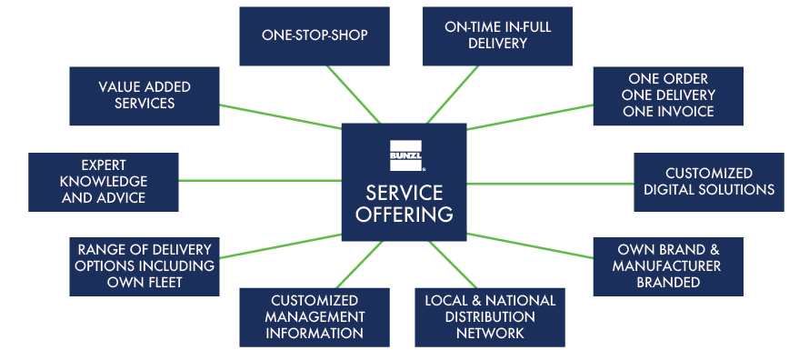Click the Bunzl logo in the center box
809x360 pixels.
point(406,155)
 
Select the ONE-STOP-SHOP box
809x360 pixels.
point(315,36)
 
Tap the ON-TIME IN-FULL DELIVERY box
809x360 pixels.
point(497,36)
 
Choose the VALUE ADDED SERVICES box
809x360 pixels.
point(145,96)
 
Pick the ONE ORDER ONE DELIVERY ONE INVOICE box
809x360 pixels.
point(668,96)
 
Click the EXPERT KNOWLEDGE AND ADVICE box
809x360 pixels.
point(104,182)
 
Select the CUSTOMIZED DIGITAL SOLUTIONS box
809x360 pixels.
point(709,182)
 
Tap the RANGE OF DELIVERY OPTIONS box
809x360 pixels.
point(145,266)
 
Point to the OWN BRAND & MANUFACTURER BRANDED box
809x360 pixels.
point(668,266)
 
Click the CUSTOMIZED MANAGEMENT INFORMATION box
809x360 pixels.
point(315,317)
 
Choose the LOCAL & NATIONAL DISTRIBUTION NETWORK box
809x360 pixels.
point(490,317)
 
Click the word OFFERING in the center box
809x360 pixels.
point(404,214)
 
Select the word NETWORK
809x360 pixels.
point(490,333)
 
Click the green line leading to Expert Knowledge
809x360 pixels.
point(260,181)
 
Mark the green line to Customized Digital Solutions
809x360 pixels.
point(551,184)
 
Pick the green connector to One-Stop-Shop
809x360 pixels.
point(354,95)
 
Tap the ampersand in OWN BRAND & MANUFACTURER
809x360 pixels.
point(713,251)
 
